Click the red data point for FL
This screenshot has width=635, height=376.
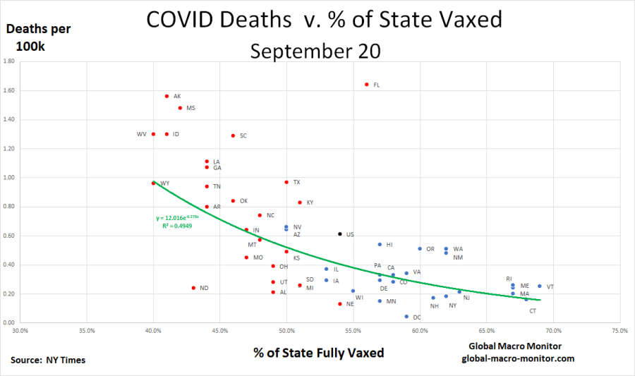[367, 84]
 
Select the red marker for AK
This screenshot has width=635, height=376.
[167, 96]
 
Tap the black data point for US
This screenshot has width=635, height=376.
[340, 234]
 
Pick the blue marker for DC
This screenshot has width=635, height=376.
[406, 317]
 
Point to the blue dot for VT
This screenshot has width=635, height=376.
[540, 286]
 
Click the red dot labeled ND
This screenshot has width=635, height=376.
[193, 287]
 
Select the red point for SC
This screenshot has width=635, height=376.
[233, 135]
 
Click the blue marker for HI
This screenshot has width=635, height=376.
[380, 244]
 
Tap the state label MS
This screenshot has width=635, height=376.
[190, 108]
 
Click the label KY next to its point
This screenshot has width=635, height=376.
[310, 202]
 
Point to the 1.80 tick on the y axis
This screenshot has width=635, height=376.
[10, 61]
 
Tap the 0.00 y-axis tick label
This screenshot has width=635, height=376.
[10, 322]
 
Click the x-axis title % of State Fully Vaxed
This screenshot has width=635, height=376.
[319, 352]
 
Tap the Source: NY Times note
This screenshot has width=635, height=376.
[48, 360]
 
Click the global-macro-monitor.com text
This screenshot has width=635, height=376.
[518, 358]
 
